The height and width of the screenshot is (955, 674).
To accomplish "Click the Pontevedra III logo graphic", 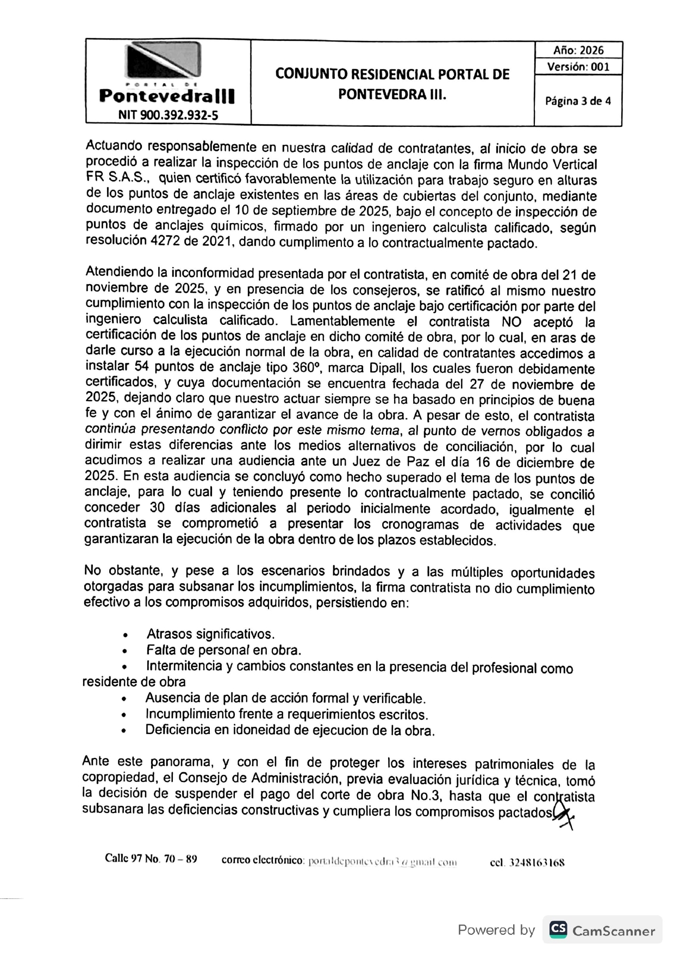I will pos(164,61).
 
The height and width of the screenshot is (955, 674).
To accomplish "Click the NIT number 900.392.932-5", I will pos(168,115).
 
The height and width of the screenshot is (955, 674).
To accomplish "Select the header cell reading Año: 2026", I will pos(578,51).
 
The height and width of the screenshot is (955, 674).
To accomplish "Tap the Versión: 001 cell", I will pos(578,67).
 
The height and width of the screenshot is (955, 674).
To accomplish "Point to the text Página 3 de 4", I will pos(578,101).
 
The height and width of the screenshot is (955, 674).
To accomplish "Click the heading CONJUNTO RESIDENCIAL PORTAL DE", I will pos(392,74).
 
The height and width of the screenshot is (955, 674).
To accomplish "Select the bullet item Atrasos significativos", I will pos(210,634).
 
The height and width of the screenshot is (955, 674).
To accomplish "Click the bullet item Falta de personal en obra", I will pos(223,650).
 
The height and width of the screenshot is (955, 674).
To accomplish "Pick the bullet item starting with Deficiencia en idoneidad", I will pos(290,730).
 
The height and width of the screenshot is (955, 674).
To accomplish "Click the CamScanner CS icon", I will pos(558,929).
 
